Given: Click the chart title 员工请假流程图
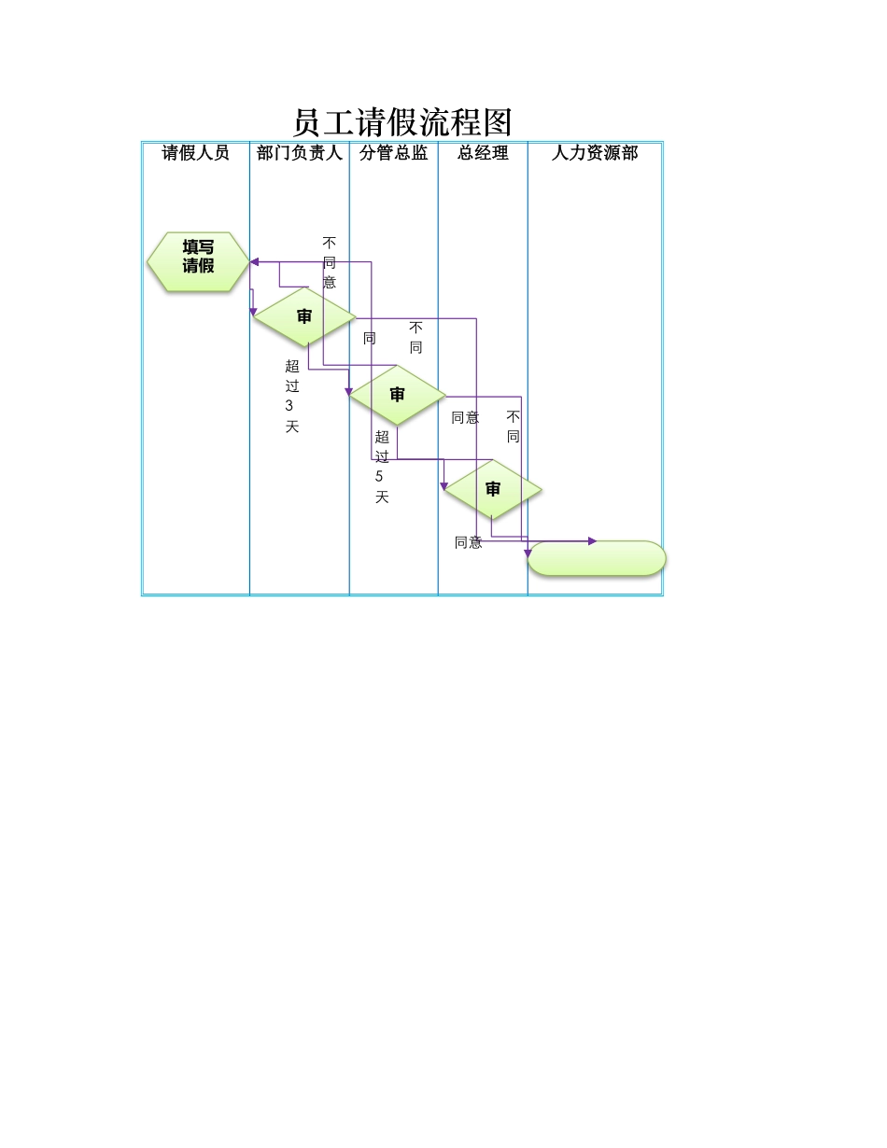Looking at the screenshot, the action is (x=402, y=122).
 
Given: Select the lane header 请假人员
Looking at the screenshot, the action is (x=195, y=153).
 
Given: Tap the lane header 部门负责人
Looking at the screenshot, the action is (x=300, y=153).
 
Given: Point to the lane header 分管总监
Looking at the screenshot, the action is (x=394, y=153).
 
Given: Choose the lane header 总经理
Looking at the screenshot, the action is (x=483, y=153).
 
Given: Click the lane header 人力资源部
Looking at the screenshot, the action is (x=595, y=153).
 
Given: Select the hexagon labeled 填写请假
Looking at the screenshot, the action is (x=198, y=261).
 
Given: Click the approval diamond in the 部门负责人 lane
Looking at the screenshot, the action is (x=304, y=317).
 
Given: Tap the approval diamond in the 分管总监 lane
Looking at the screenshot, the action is (x=397, y=395).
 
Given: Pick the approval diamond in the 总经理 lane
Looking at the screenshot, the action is (x=493, y=489).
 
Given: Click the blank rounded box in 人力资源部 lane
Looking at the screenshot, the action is (x=597, y=558).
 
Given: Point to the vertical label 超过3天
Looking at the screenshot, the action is (x=291, y=397).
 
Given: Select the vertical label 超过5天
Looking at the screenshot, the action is (x=382, y=467).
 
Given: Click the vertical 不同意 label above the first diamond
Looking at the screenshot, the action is (x=330, y=262).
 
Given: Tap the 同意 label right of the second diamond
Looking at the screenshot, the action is (x=465, y=418).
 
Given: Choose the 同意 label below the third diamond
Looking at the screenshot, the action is (x=469, y=542).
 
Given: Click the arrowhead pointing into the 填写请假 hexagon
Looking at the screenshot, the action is (x=254, y=261).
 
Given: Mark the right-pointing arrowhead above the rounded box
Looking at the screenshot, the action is (x=592, y=541).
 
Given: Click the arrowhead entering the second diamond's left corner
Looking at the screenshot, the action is (x=348, y=391).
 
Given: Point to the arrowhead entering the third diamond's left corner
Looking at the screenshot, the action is (x=443, y=486).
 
